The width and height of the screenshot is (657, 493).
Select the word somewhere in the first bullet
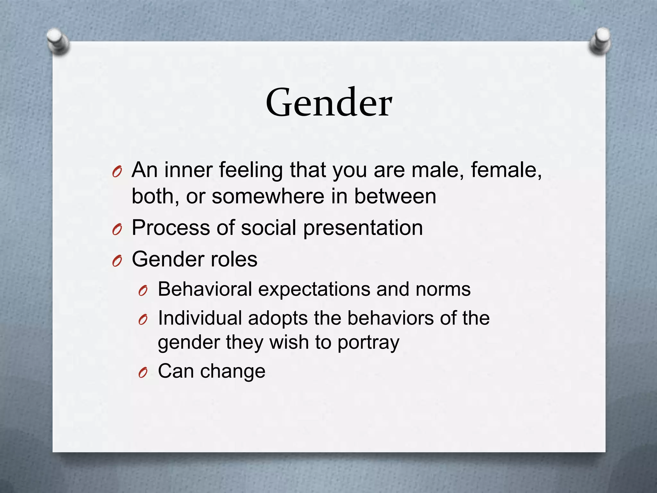[268, 196]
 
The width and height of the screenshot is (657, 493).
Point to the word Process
[170, 228]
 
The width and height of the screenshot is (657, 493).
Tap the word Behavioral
[205, 289]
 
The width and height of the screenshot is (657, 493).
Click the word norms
[443, 290]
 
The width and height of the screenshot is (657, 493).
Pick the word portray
[368, 343]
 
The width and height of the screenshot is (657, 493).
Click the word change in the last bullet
[233, 371]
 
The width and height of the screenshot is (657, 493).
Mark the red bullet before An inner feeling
[117, 173]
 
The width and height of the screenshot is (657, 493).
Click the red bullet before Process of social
[117, 230]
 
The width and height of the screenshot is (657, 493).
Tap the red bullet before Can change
[143, 373]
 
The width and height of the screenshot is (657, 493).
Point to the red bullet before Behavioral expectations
[143, 291]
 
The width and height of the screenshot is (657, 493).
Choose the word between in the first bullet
[395, 196]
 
